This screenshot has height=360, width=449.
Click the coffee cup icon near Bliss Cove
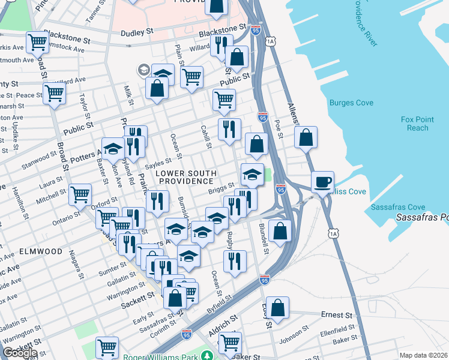click(x=322, y=181)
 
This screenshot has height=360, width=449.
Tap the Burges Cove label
click(x=351, y=103)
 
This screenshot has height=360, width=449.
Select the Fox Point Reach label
click(x=414, y=124)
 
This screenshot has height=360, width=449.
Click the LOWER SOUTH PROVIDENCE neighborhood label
click(x=185, y=177)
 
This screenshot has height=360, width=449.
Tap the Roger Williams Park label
click(x=161, y=357)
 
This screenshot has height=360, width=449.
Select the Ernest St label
click(x=336, y=315)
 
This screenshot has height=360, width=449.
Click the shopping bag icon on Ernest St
click(x=277, y=307)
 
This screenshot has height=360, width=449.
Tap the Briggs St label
click(x=221, y=188)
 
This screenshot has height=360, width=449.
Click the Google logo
click(x=20, y=353)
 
